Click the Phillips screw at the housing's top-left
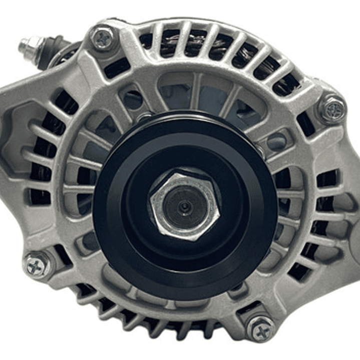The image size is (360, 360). tap(104, 39)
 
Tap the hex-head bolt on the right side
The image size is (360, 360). tap(332, 109)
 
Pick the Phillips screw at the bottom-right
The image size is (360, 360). tap(261, 328)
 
